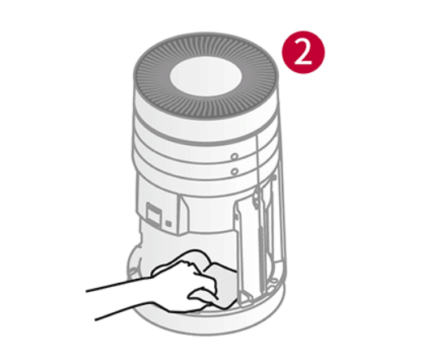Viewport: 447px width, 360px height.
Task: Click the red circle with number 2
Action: (303, 52)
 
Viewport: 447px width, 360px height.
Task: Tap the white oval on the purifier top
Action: (206, 76)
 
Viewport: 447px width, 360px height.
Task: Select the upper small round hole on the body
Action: (234, 156)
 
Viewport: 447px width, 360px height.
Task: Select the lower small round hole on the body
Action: (234, 171)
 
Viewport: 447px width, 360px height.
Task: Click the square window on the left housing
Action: (153, 214)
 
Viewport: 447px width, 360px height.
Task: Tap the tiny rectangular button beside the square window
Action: (169, 224)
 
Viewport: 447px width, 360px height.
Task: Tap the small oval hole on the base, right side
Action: (274, 281)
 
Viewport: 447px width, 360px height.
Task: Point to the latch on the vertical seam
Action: (258, 196)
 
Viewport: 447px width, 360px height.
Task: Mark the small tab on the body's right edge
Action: (273, 177)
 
